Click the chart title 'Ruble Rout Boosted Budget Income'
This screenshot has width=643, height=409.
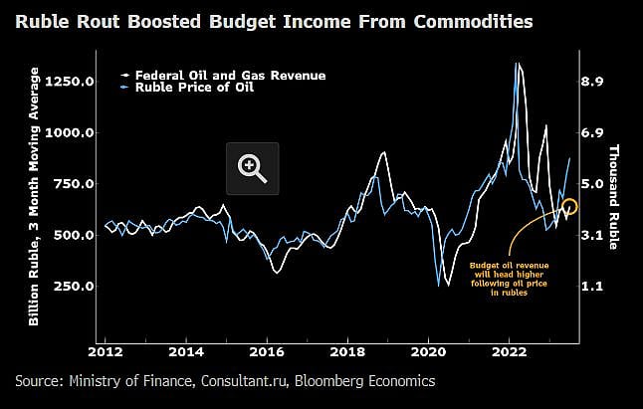(x=273, y=20)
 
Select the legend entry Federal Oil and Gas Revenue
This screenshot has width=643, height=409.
(x=230, y=76)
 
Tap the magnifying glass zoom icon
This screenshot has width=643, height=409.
(x=253, y=168)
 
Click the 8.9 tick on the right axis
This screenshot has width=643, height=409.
(x=593, y=82)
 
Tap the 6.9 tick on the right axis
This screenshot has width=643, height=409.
(x=593, y=132)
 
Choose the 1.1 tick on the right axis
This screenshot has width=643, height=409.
(x=593, y=287)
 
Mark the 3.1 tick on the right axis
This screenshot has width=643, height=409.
(x=593, y=235)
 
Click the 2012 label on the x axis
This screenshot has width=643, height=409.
(x=105, y=351)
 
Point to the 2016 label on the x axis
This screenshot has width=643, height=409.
(x=267, y=351)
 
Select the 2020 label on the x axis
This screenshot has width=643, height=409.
(x=428, y=351)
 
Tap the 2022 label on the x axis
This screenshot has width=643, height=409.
(x=509, y=351)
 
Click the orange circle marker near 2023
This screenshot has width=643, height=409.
(x=569, y=208)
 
